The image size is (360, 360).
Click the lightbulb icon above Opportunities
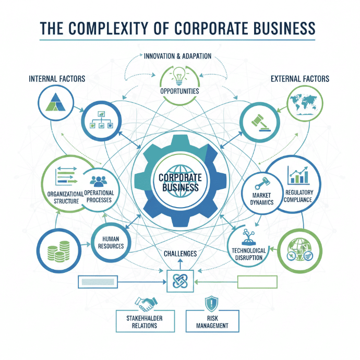179,77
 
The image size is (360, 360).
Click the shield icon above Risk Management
212,303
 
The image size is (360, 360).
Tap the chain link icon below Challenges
179,282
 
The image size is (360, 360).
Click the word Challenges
180,254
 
